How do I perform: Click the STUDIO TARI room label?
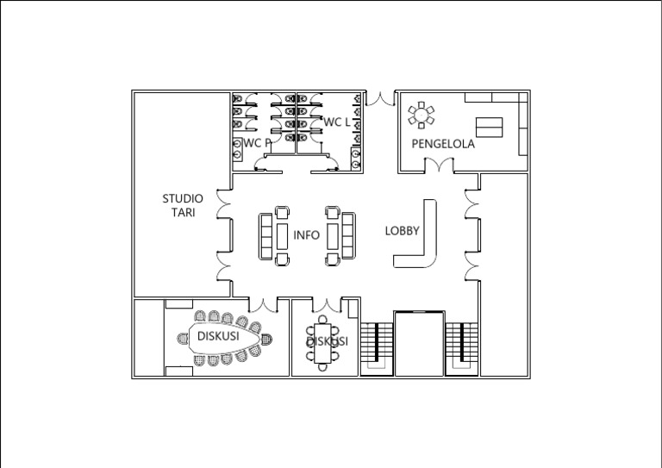[183, 205]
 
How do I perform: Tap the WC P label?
[256, 142]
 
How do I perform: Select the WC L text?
[336, 122]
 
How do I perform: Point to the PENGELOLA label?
[442, 144]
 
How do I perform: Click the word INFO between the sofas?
[306, 234]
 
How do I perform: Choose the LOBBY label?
[402, 231]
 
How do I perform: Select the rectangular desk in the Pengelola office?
[489, 126]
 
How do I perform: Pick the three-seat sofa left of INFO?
[265, 235]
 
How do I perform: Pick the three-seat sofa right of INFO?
[348, 235]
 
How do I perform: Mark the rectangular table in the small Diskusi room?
[322, 342]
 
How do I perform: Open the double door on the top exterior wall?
[378, 97]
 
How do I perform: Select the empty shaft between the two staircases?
[419, 343]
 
